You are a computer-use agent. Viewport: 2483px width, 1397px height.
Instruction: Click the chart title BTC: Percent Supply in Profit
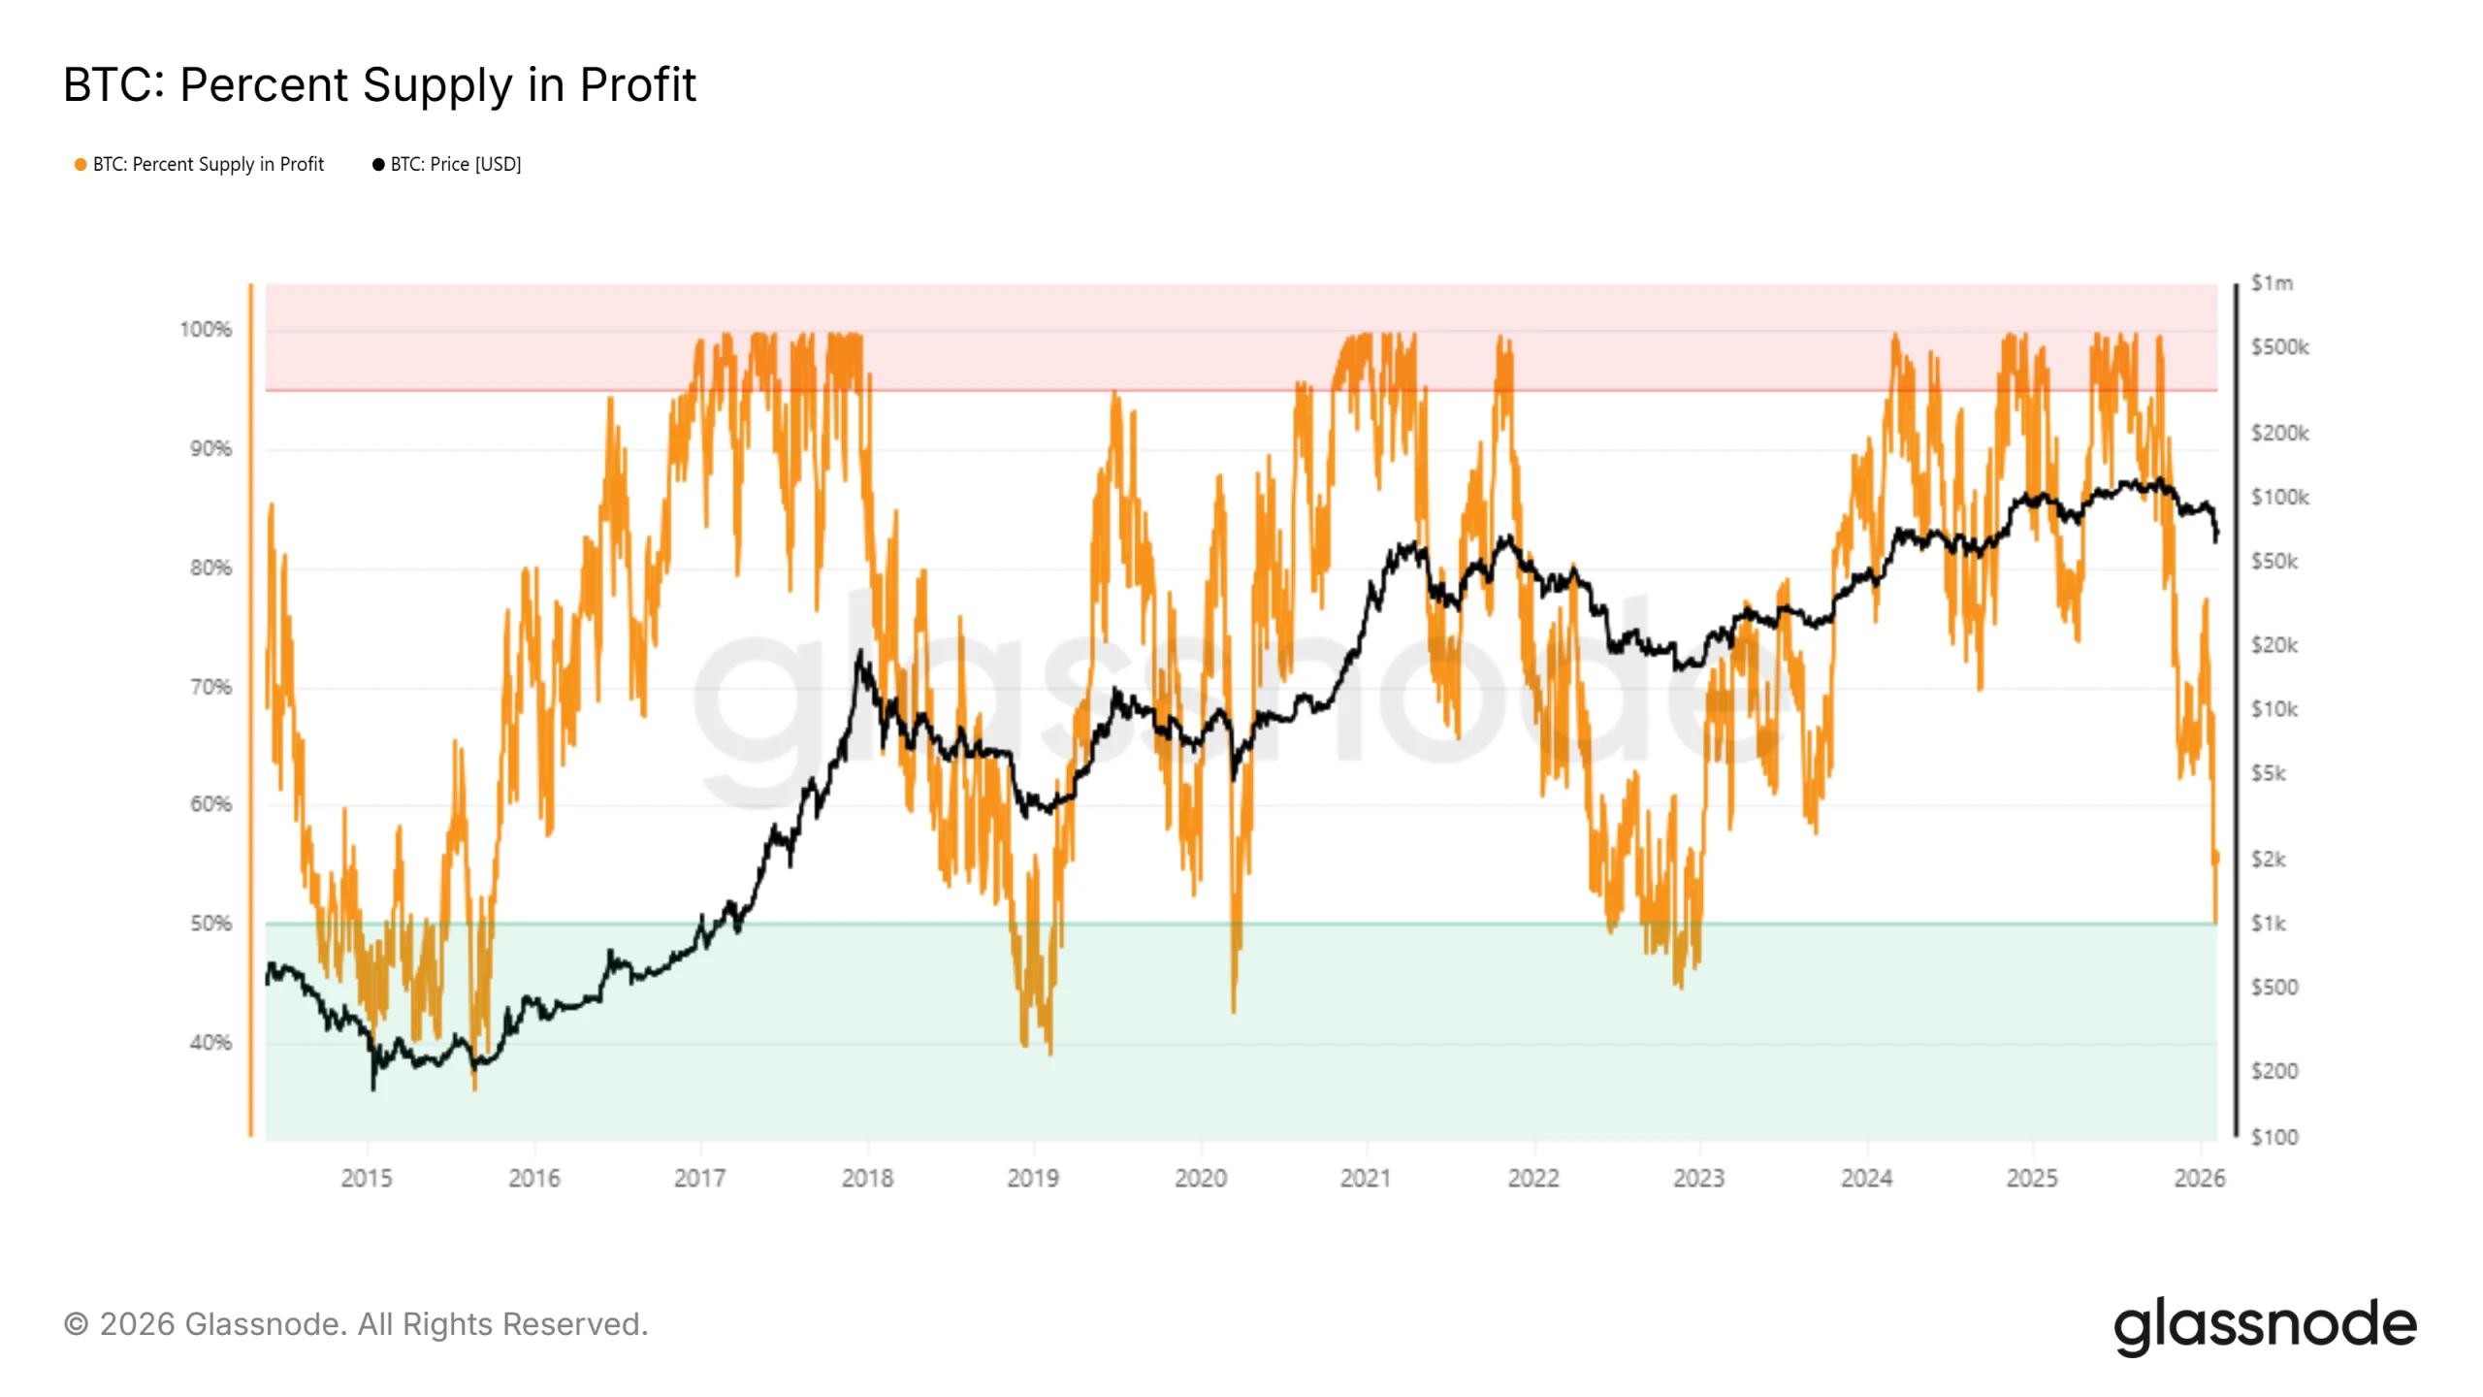point(379,84)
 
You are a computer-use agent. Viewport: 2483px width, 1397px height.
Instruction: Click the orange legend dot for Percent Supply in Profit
point(81,165)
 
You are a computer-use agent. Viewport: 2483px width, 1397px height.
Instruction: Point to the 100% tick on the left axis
point(206,330)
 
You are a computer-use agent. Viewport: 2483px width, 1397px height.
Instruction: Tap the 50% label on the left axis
point(210,924)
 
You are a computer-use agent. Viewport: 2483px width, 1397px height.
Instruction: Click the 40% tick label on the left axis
point(210,1043)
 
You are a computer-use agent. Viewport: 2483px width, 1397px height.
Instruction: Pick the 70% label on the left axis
point(210,687)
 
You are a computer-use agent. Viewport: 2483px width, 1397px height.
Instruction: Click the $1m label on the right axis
point(2272,283)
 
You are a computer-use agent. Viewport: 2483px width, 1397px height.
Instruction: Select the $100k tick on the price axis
point(2279,498)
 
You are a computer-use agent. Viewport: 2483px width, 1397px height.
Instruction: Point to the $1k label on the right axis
point(2268,924)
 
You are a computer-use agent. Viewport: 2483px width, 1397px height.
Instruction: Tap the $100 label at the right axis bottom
point(2273,1137)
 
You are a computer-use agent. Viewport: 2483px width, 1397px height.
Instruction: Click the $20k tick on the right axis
point(2273,645)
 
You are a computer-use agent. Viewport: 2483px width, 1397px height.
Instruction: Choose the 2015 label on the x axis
point(367,1179)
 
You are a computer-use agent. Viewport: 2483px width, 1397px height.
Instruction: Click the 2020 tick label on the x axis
point(1201,1179)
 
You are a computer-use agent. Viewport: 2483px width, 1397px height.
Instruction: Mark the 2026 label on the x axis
point(2199,1179)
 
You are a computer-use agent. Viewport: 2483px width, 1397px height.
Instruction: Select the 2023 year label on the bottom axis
point(1698,1179)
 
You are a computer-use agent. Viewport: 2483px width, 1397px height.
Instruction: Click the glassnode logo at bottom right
point(2265,1325)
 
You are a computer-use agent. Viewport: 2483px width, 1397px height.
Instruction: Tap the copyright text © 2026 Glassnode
point(355,1324)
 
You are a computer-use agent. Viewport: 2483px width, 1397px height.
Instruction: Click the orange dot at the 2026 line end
point(2216,858)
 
